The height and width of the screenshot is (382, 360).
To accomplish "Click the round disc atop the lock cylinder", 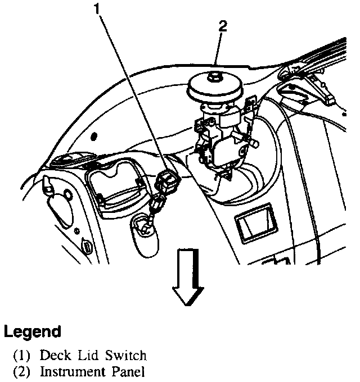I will [215, 87].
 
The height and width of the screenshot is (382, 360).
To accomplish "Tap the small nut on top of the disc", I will [215, 75].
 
